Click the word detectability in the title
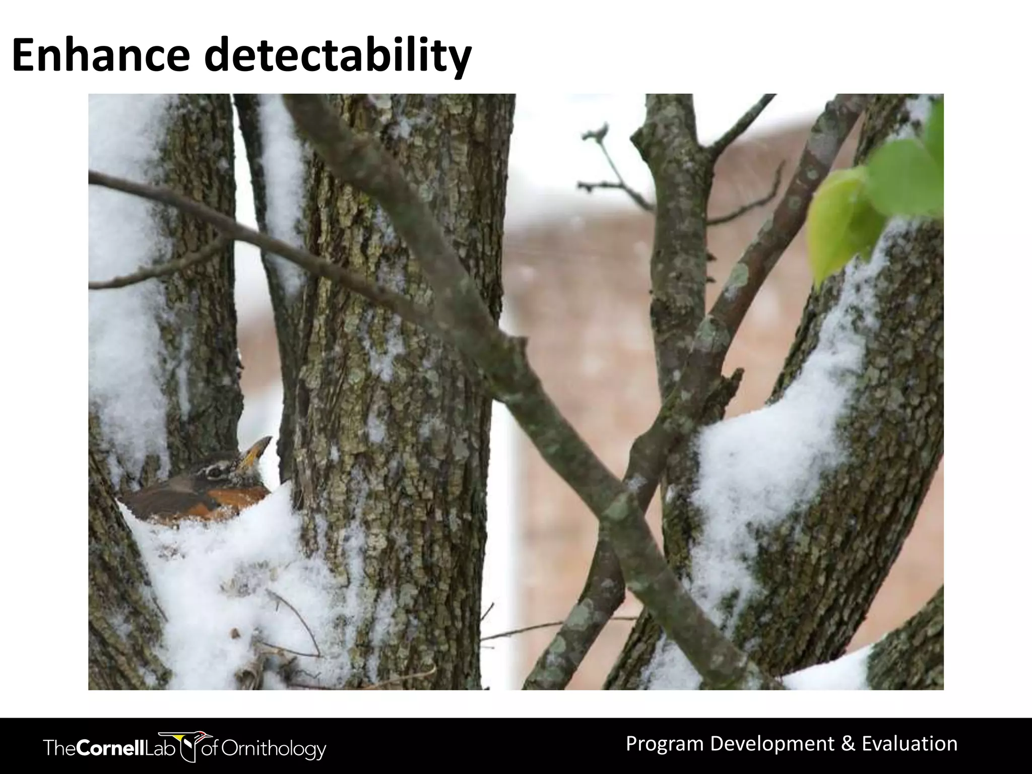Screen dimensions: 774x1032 tap(338, 56)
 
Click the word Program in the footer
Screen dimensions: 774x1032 tap(664, 744)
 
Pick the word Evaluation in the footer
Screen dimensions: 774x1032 tap(910, 744)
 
